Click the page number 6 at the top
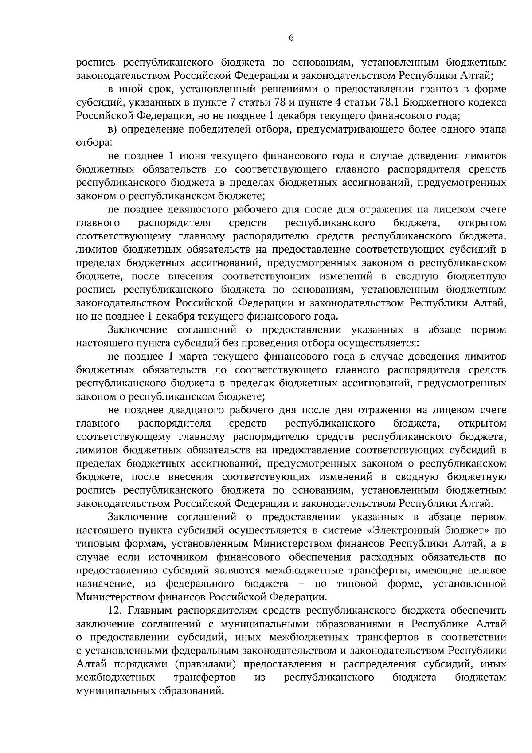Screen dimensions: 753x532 (x=291, y=38)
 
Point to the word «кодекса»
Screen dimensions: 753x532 (x=484, y=103)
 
